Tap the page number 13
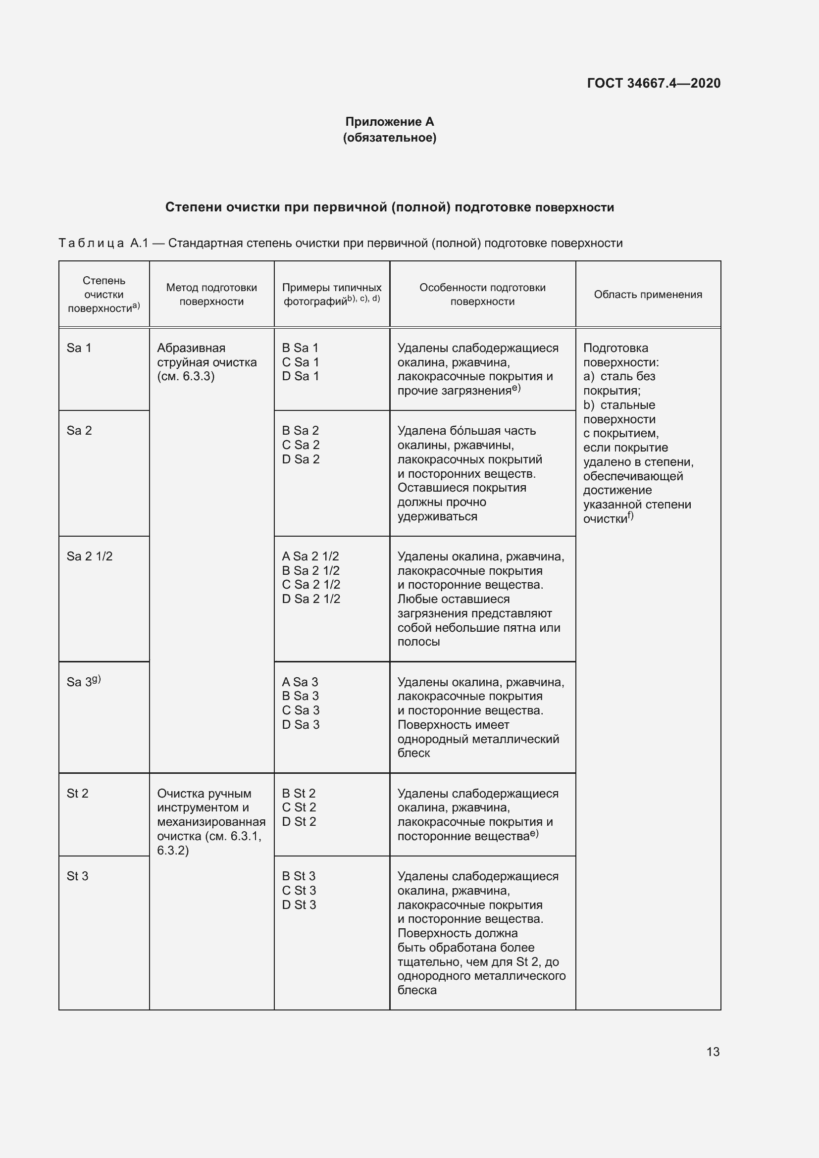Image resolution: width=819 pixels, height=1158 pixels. tap(713, 1052)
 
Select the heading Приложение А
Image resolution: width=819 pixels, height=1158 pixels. tap(389, 122)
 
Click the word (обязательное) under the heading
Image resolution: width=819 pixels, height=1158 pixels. tap(389, 138)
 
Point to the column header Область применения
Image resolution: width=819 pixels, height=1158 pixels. tap(648, 295)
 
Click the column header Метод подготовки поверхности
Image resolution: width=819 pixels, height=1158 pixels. tap(211, 295)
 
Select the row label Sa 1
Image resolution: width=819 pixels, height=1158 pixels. tap(79, 348)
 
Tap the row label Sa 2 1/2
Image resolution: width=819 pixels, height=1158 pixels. tap(89, 556)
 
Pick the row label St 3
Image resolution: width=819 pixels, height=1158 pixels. tap(77, 876)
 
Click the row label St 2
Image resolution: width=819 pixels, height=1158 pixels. tap(77, 793)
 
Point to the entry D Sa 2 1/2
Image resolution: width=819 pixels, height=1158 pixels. tap(310, 599)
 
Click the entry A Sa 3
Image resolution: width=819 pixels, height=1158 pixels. tap(300, 682)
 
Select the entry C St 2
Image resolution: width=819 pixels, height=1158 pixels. tap(299, 807)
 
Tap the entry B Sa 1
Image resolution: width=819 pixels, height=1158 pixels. tap(300, 348)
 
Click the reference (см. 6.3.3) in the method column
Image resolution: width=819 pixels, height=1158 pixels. tap(186, 376)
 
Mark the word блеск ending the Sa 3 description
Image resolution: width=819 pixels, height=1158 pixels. tap(413, 753)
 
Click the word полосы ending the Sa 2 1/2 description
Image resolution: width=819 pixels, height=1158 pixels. tap(418, 642)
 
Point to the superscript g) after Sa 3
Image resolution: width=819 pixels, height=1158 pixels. tap(97, 679)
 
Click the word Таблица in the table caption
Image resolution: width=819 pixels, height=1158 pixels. tap(91, 243)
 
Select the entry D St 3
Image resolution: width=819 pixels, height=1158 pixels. tap(299, 905)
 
